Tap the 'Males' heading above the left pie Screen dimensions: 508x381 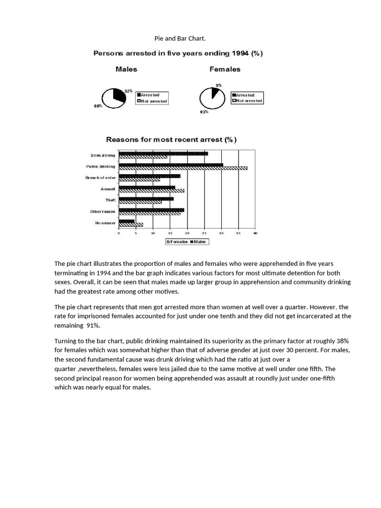click(x=126, y=69)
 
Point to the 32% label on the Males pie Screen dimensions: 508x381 click(x=128, y=91)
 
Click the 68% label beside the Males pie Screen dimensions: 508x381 click(x=98, y=106)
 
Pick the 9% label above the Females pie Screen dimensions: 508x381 click(x=219, y=85)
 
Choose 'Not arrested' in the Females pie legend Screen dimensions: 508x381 click(x=249, y=101)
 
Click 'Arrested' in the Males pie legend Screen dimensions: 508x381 click(x=150, y=94)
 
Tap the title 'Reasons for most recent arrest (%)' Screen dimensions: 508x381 click(x=169, y=140)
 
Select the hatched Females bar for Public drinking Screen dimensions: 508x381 click(x=183, y=168)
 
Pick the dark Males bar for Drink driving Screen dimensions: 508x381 click(x=163, y=154)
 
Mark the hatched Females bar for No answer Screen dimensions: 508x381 click(x=131, y=225)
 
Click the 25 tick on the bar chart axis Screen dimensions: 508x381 click(x=204, y=233)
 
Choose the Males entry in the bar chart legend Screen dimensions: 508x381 click(x=199, y=242)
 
